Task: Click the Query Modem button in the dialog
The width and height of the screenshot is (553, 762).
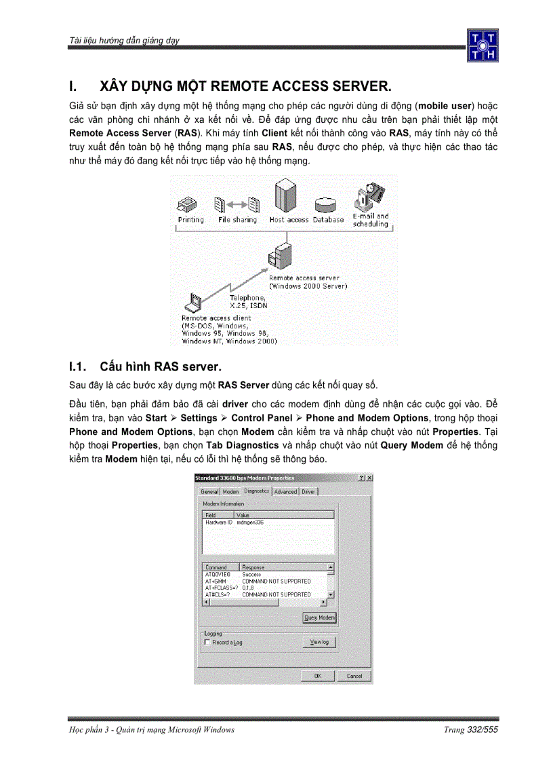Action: pyautogui.click(x=319, y=617)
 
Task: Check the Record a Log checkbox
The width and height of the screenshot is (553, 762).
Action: pyautogui.click(x=207, y=642)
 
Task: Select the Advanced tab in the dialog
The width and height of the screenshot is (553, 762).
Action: pyautogui.click(x=285, y=492)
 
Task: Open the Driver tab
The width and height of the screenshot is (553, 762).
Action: pyautogui.click(x=308, y=492)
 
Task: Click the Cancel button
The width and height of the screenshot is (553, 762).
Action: pyautogui.click(x=354, y=676)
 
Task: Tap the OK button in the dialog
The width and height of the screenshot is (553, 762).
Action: pyautogui.click(x=317, y=676)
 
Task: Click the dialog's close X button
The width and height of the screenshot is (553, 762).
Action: pyautogui.click(x=369, y=478)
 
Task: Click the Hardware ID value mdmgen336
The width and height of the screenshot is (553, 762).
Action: pyautogui.click(x=250, y=522)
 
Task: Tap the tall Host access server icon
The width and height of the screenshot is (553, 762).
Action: pyautogui.click(x=285, y=197)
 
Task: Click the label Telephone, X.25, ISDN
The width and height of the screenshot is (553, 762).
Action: pyautogui.click(x=248, y=301)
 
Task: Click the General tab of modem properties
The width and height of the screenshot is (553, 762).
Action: pyautogui.click(x=209, y=492)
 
